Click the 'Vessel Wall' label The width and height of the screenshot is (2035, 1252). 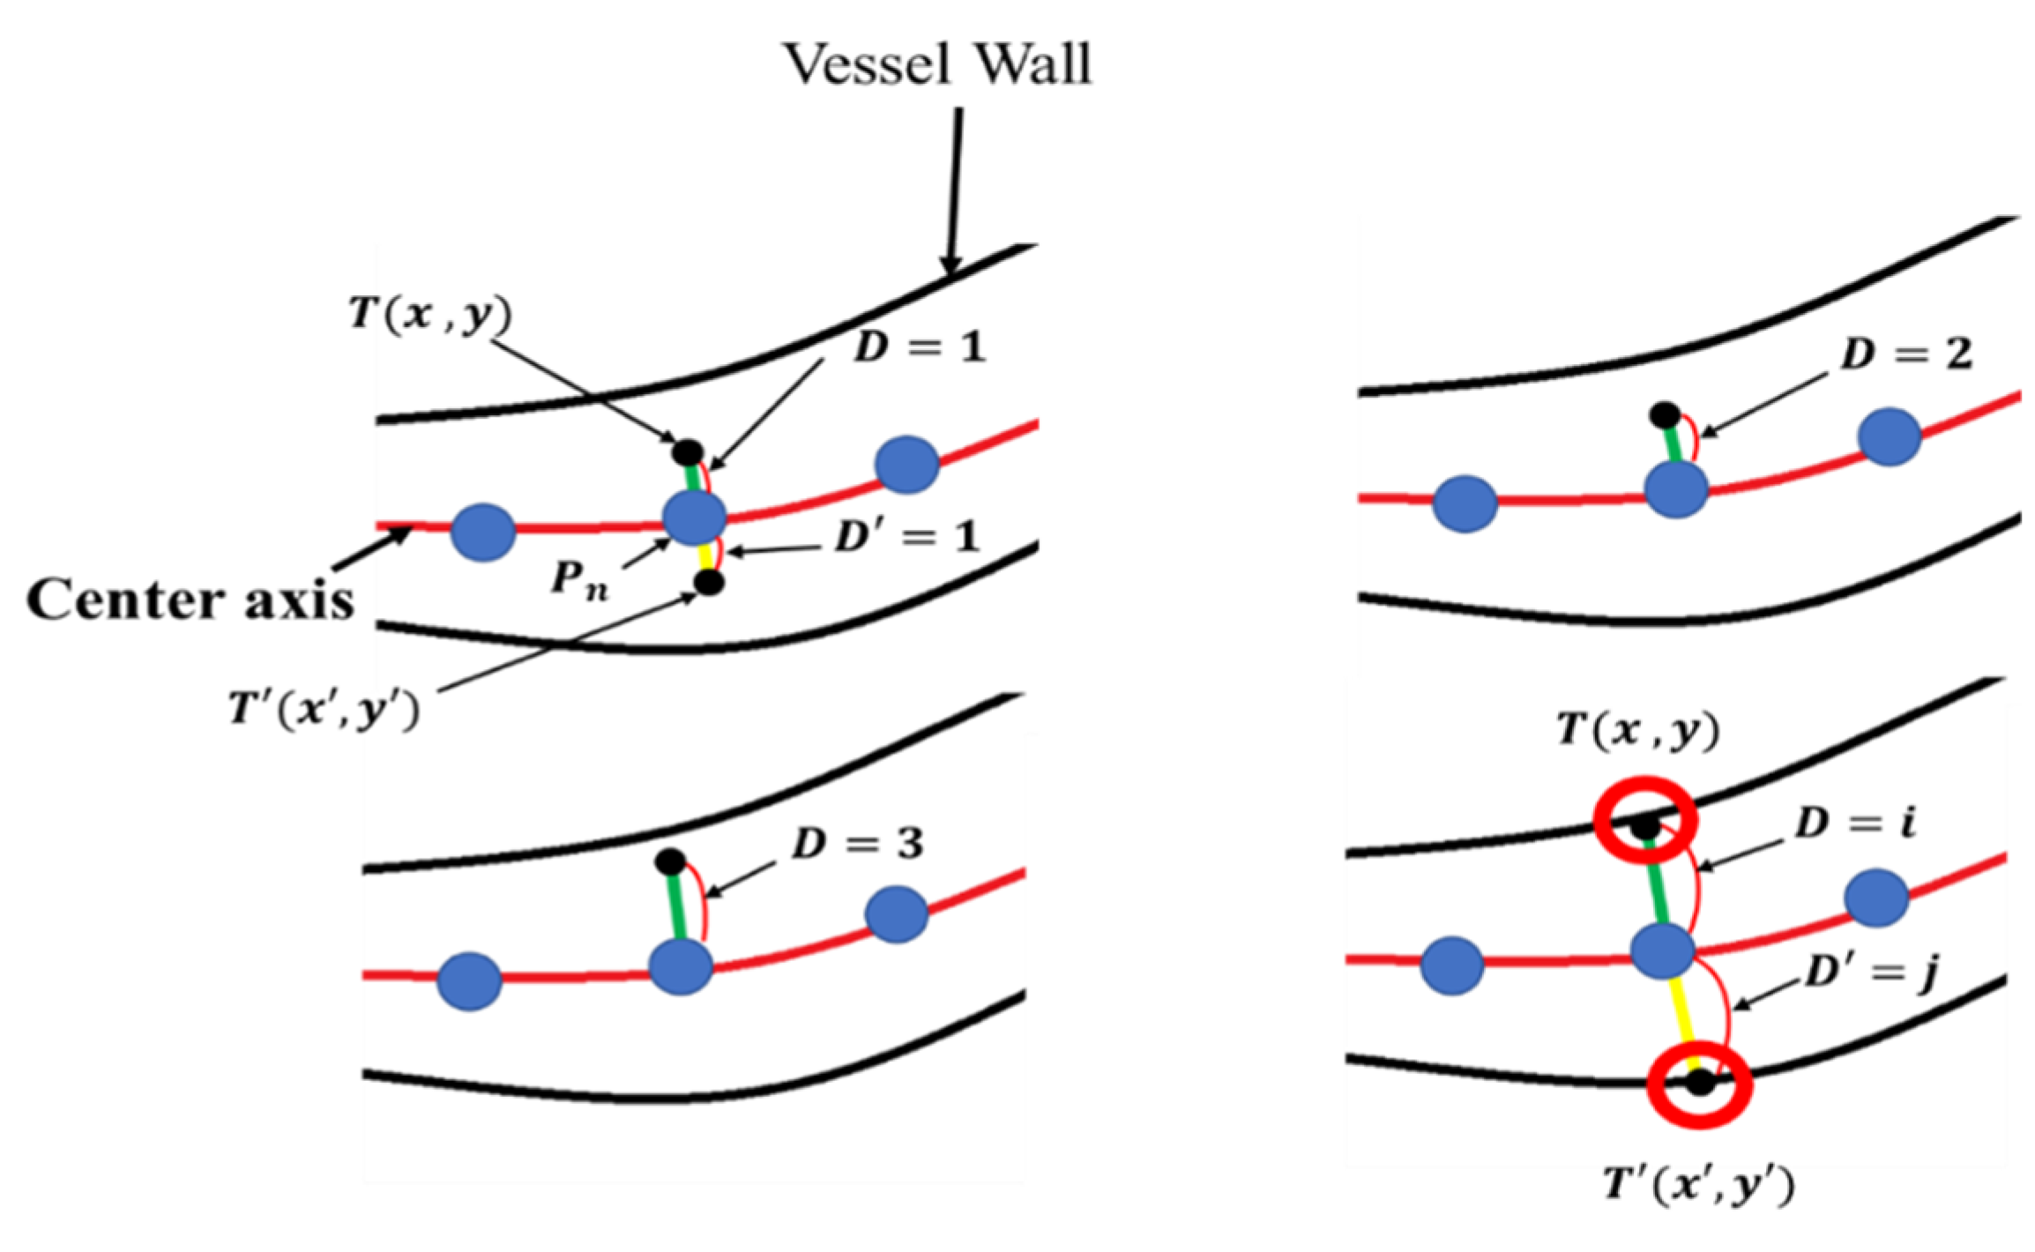(x=937, y=64)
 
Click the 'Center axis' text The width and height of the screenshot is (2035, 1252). (x=190, y=600)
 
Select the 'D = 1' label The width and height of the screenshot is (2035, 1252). (x=919, y=347)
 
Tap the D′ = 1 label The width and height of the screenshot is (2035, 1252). (x=907, y=537)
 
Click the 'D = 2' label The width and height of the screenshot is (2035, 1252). (x=1905, y=354)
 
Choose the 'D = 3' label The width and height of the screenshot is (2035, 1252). (x=857, y=844)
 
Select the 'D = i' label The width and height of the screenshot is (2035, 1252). (x=1854, y=823)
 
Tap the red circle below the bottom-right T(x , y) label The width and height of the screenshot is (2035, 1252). (x=1645, y=819)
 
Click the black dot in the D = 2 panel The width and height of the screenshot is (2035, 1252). (x=1665, y=414)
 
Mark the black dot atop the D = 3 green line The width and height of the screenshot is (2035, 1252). (x=670, y=861)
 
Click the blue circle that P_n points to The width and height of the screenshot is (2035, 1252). (x=695, y=518)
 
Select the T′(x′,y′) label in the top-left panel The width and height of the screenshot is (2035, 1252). (x=324, y=708)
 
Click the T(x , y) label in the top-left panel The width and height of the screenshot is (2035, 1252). (x=429, y=314)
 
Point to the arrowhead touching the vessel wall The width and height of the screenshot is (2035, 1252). (x=950, y=264)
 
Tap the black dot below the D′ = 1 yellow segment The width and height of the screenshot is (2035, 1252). (x=709, y=582)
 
